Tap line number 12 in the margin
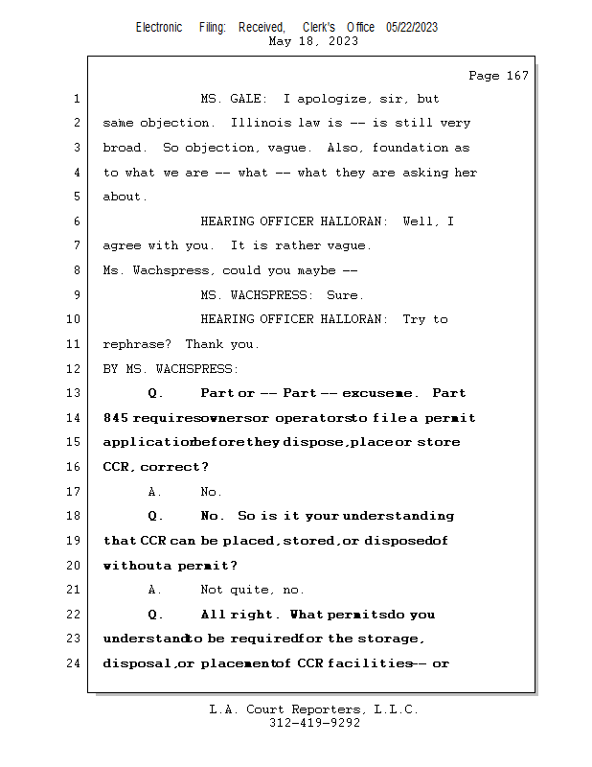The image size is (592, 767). tap(76, 368)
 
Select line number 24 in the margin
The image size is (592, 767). tap(76, 662)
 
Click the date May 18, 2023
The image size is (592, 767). tap(314, 41)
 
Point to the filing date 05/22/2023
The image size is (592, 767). tap(412, 28)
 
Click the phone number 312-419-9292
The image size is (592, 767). tap(314, 723)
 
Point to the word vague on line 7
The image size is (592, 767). tap(346, 245)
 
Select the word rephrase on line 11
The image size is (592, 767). tap(134, 344)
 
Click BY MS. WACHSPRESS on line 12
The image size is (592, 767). tap(171, 368)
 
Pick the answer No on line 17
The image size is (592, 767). tap(210, 492)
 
